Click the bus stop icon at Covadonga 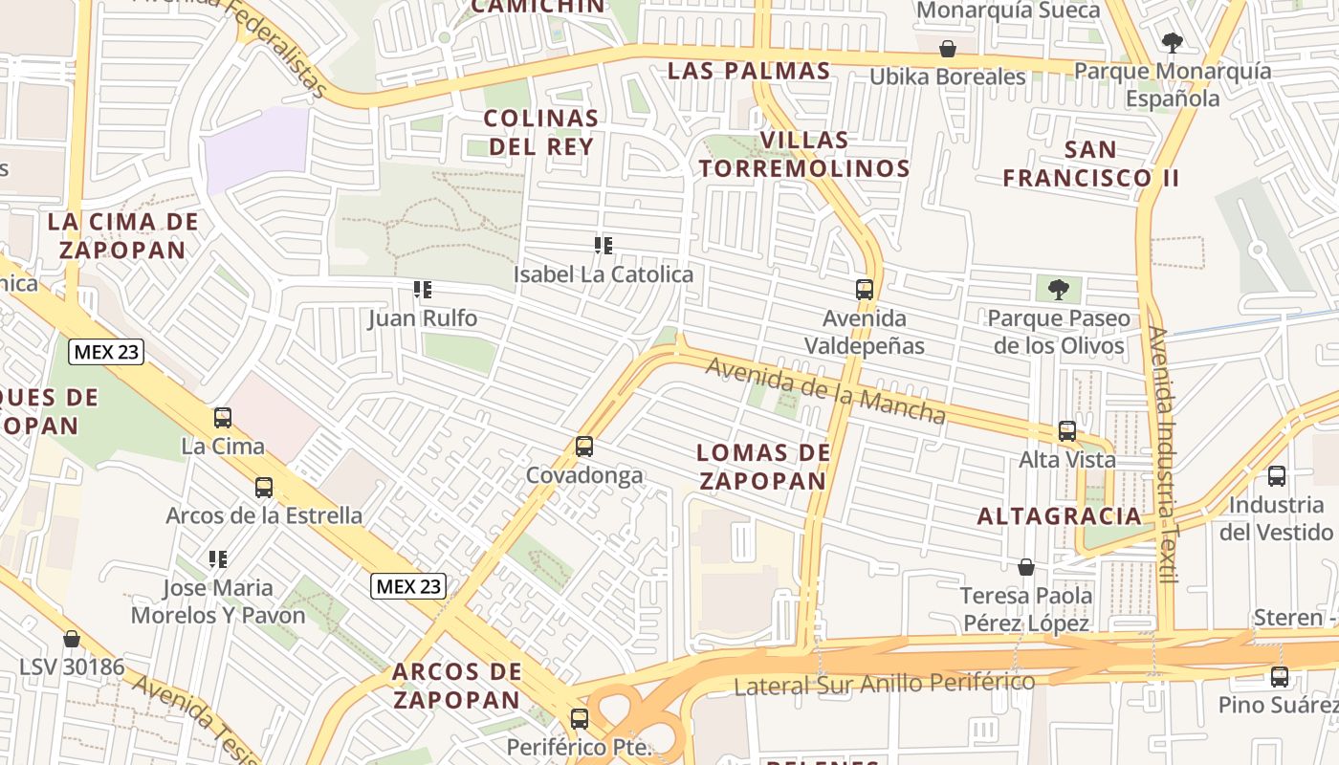click(583, 446)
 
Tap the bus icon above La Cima click(223, 417)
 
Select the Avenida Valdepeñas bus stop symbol click(865, 289)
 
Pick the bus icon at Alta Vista click(1067, 431)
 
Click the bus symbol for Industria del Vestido click(1276, 476)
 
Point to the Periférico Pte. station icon click(579, 718)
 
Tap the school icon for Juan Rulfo click(423, 289)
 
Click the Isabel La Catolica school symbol click(604, 246)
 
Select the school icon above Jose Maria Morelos click(218, 558)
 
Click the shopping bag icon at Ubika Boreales click(948, 48)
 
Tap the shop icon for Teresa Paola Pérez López click(1026, 567)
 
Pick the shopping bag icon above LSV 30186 click(72, 638)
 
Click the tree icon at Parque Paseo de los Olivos click(1059, 289)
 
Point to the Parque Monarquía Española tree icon click(1173, 42)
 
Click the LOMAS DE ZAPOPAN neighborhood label click(761, 467)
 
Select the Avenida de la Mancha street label click(826, 389)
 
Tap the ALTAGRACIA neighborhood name click(1060, 516)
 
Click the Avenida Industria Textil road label click(1164, 455)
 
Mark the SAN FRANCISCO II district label click(1090, 164)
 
